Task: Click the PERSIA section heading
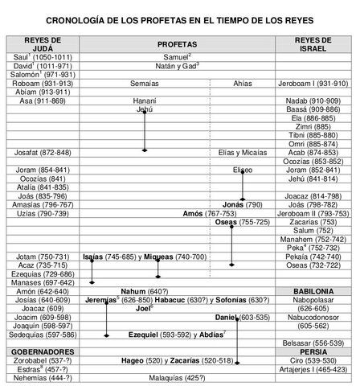click(x=313, y=351)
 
